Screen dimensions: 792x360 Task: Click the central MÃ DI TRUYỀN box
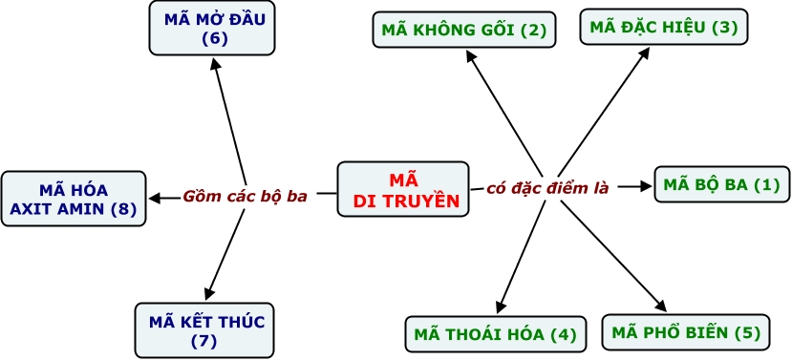coord(403,189)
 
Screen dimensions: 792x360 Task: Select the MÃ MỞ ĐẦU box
coord(212,28)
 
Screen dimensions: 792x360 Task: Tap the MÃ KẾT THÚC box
coord(204,330)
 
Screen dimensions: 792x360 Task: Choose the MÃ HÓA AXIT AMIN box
coord(74,199)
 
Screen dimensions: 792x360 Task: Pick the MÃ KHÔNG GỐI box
coord(464,30)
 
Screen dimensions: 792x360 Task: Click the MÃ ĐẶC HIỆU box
coord(664,26)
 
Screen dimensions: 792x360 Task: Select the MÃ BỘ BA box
coord(722,184)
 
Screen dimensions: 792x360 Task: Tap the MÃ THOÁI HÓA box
coord(496,334)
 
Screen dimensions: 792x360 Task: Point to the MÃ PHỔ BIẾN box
coord(686,332)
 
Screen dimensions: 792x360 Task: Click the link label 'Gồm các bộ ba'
coord(245,196)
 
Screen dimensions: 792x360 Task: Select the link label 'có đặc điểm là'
coord(547,188)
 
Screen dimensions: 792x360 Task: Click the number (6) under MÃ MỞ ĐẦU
coord(215,39)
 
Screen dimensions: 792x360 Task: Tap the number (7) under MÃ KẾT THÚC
coord(204,342)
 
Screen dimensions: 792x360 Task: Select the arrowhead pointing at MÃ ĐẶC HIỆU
coord(644,53)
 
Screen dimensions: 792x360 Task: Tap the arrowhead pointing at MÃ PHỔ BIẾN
coord(660,306)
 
